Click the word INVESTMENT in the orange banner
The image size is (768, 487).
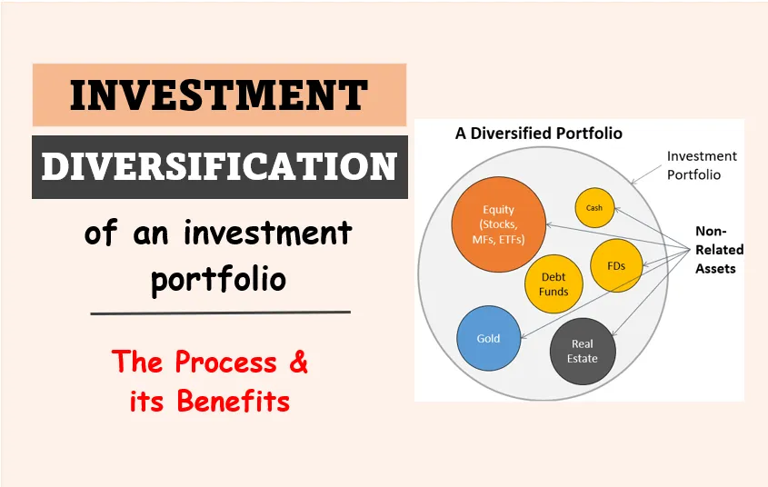click(218, 95)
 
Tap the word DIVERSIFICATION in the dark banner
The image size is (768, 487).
click(219, 166)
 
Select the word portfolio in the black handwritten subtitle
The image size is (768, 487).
click(218, 280)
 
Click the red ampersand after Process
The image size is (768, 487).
click(298, 362)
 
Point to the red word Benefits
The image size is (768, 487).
click(234, 401)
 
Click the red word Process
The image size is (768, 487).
click(225, 363)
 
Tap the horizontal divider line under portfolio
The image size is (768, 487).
click(221, 313)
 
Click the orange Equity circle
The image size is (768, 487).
click(499, 224)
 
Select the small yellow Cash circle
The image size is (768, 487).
click(594, 208)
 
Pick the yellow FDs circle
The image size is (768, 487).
click(616, 266)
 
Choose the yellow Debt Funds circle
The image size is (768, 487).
click(554, 283)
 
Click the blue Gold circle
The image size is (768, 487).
click(488, 338)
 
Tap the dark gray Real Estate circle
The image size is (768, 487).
click(583, 351)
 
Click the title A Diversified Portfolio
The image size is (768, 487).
click(539, 134)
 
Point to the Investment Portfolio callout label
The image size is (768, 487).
click(702, 165)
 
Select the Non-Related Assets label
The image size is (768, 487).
click(720, 250)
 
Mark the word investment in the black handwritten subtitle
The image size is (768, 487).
click(268, 233)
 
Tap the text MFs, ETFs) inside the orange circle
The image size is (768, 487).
click(498, 239)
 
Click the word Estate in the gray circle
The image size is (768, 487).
click(583, 358)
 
